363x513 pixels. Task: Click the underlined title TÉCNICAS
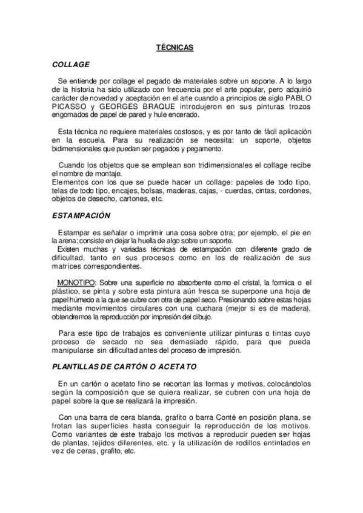click(175, 47)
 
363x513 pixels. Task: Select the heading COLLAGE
click(71, 64)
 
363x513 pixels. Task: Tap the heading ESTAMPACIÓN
click(82, 215)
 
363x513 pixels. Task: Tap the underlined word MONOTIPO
click(77, 282)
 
